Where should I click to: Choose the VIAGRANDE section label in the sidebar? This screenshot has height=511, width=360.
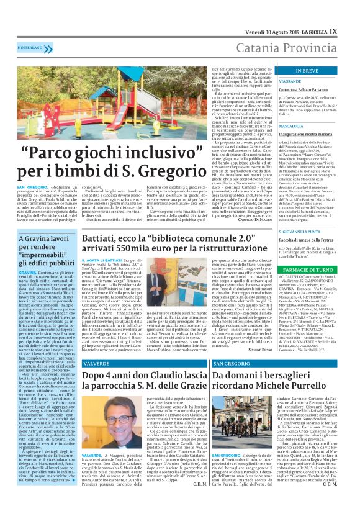[291, 81]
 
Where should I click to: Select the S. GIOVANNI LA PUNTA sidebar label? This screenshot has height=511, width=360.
[301, 232]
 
